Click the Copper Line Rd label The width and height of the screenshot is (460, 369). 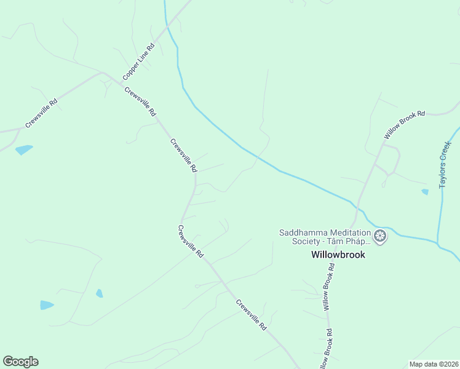pos(138,61)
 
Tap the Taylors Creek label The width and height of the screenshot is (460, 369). pos(446,165)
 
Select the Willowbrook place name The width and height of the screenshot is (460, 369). pos(338,255)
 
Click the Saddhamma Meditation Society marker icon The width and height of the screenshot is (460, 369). pos(381,236)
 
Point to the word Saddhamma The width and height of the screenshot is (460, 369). pos(302,232)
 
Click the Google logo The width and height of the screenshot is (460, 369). pos(20,362)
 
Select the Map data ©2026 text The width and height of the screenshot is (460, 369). pos(434,364)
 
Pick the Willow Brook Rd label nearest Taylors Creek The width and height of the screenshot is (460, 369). pos(404,125)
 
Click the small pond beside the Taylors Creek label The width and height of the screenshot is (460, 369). pos(425,192)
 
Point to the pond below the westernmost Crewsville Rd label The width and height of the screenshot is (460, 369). pos(24,149)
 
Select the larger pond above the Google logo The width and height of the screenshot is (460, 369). pos(47,305)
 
